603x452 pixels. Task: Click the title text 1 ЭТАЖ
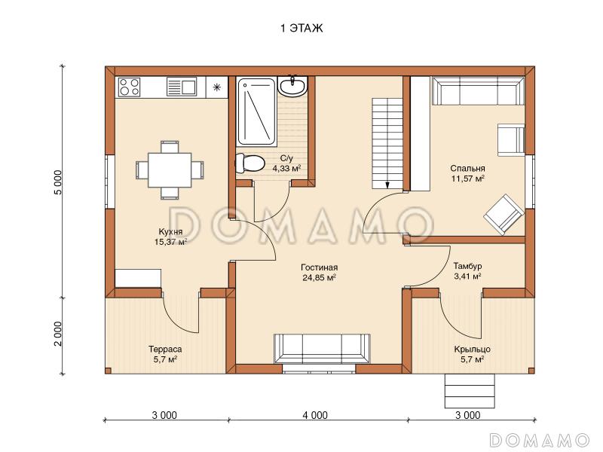pos(302,29)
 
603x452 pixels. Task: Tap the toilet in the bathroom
pos(250,163)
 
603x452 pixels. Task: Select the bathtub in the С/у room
pos(256,111)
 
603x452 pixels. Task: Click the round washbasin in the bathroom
pos(292,86)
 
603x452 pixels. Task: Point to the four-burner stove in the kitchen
pos(129,87)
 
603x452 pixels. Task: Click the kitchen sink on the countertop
pos(182,87)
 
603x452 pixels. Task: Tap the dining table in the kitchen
pos(170,170)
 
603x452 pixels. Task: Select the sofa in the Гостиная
pos(322,349)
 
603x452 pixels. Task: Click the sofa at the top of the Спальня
pos(479,90)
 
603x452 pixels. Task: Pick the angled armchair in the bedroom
pos(504,215)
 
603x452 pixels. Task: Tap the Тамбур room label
pos(467,266)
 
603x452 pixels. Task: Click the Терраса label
pos(165,350)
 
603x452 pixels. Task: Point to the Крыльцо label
pos(473,350)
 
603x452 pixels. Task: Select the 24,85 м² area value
pos(319,277)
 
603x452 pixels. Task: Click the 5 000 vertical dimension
pos(58,182)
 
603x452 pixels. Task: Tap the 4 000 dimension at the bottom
pos(315,415)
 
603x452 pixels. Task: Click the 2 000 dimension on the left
pos(58,334)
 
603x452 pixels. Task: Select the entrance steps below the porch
pos(470,390)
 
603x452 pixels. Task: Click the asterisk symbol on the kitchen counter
pos(217,87)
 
